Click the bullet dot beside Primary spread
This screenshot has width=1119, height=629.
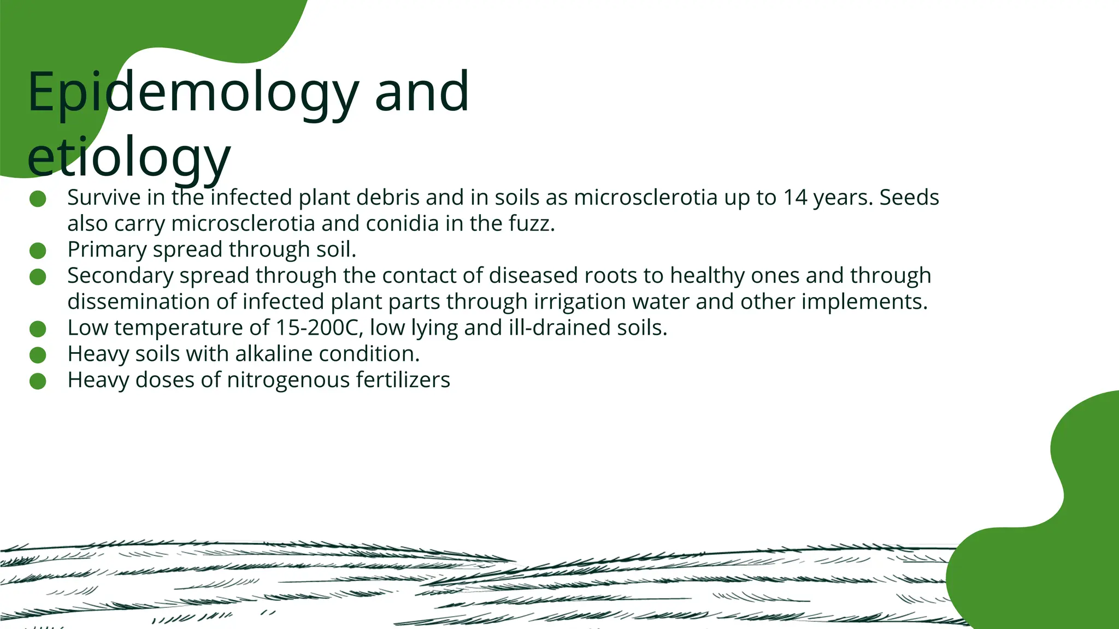pyautogui.click(x=38, y=251)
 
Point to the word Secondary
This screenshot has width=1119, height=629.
pyautogui.click(x=120, y=276)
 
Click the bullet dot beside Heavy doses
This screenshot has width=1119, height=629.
pyautogui.click(x=38, y=381)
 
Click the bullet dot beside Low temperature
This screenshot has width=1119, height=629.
pyautogui.click(x=38, y=329)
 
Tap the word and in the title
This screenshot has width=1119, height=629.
pyautogui.click(x=421, y=93)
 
